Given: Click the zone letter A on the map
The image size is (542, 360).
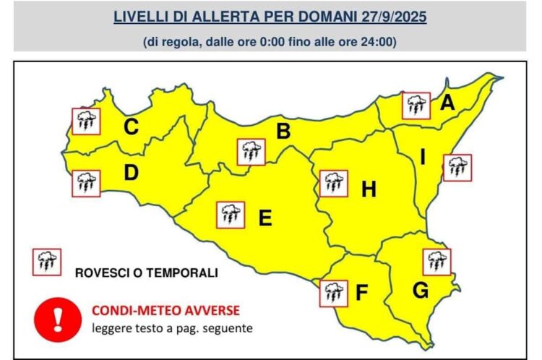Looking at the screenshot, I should pyautogui.click(x=447, y=103).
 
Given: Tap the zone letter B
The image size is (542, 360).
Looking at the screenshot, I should pyautogui.click(x=284, y=132).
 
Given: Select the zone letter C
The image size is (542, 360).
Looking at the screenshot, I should pyautogui.click(x=131, y=127).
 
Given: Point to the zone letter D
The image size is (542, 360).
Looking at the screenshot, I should pyautogui.click(x=131, y=173).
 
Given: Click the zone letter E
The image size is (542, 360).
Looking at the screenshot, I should pyautogui.click(x=265, y=217).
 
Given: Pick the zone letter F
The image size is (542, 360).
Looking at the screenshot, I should pyautogui.click(x=362, y=293).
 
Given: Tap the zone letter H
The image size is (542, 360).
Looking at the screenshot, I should pyautogui.click(x=369, y=189).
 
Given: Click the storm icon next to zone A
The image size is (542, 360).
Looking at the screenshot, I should pyautogui.click(x=416, y=106).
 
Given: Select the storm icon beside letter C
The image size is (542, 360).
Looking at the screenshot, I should pyautogui.click(x=86, y=121).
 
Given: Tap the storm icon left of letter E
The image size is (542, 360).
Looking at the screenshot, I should pyautogui.click(x=231, y=215).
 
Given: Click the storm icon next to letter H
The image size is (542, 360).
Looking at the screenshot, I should pyautogui.click(x=333, y=183).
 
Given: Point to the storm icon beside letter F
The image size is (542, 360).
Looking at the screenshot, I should pyautogui.click(x=333, y=293).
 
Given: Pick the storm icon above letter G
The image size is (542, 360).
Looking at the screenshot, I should pyautogui.click(x=436, y=262).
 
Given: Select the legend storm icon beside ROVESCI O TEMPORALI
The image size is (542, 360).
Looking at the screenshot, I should pyautogui.click(x=46, y=262).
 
